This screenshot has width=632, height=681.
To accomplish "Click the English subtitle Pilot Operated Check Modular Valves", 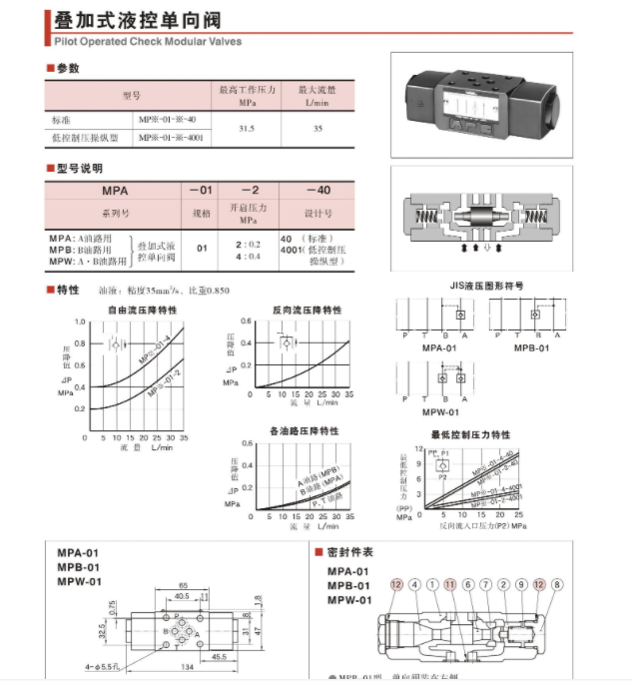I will pos(148,42).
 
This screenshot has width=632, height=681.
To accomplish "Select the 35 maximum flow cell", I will pos(316,128).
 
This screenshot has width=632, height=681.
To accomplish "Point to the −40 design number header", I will pos(317,190).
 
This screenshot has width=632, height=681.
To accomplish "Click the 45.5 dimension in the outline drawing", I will pos(218,656).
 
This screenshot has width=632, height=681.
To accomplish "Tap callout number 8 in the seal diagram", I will pos(557,584).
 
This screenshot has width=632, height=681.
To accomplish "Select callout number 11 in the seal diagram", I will pos(450,584).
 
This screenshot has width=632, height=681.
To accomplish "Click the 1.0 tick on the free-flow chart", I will pos(80,322).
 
